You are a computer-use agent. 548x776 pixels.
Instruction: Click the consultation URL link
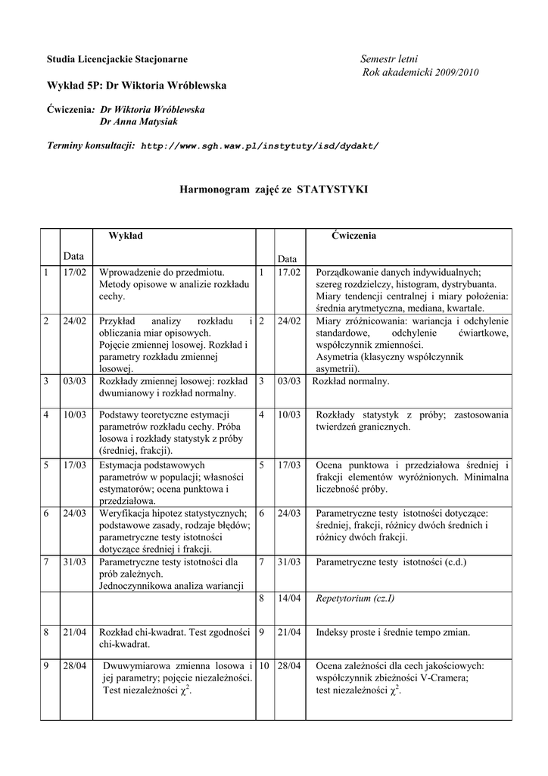click(260, 145)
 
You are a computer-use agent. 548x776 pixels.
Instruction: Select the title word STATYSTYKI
click(333, 188)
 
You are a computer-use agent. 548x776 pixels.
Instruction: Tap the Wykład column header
click(126, 236)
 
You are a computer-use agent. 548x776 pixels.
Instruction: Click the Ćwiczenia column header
click(353, 236)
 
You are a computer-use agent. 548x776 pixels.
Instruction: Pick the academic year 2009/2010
click(451, 72)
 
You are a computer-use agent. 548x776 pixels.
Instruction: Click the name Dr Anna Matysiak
click(139, 121)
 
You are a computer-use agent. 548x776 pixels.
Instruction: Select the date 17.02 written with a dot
click(289, 271)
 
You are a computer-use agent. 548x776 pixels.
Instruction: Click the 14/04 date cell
click(289, 598)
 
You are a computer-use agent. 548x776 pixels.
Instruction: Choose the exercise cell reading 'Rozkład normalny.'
click(351, 381)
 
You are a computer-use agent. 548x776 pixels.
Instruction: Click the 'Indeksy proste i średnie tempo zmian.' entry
click(393, 632)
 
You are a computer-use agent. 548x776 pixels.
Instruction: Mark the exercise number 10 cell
click(264, 665)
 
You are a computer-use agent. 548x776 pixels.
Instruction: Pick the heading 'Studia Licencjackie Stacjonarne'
click(117, 59)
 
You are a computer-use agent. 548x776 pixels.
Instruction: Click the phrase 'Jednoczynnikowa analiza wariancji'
click(171, 586)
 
